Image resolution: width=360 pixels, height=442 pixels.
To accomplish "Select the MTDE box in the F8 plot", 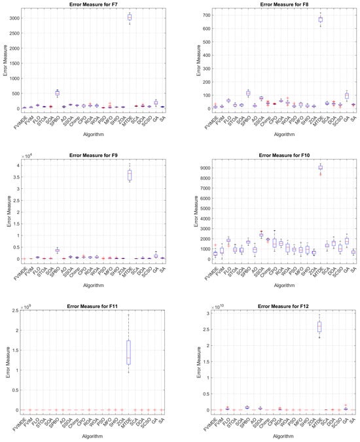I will click(x=320, y=20).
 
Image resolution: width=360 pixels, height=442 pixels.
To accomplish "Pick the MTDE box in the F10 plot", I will click(x=320, y=168).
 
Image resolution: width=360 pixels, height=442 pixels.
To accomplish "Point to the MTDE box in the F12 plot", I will click(x=320, y=326).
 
